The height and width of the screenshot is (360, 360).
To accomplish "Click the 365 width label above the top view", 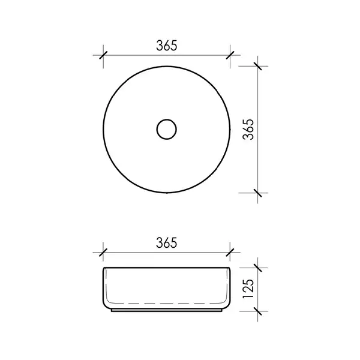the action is click(x=167, y=46).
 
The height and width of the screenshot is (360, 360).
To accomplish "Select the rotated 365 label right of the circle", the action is click(x=248, y=130).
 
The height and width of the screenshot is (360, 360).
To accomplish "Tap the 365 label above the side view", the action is click(x=167, y=243).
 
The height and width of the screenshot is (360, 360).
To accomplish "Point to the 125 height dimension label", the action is click(x=248, y=289).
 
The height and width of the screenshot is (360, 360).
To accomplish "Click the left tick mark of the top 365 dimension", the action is click(x=103, y=55).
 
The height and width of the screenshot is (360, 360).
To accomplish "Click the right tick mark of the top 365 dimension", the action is click(x=230, y=55).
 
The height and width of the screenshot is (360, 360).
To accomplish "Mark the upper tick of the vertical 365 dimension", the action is click(x=257, y=66).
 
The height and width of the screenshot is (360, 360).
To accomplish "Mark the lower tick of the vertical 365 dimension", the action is click(x=257, y=193).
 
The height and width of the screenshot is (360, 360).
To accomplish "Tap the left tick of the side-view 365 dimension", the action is click(x=103, y=253).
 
